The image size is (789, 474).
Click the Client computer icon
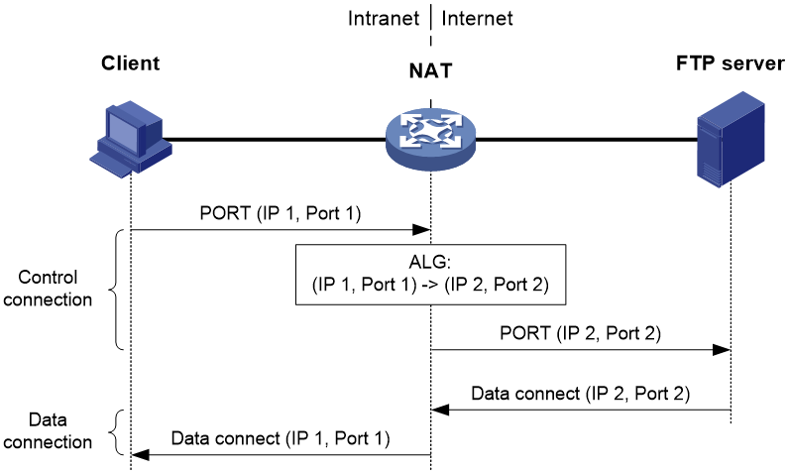tap(131, 139)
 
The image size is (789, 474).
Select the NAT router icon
tap(430, 139)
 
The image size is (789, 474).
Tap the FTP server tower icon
tap(731, 140)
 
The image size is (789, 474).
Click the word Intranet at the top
tap(384, 19)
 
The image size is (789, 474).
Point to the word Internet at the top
tap(477, 19)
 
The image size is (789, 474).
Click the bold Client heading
tap(130, 63)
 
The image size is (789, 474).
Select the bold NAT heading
tap(430, 71)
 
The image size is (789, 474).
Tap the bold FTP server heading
tap(731, 63)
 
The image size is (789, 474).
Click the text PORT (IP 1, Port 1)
tap(281, 213)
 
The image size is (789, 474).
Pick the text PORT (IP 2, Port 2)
tap(580, 332)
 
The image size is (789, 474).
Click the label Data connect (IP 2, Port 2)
tap(580, 393)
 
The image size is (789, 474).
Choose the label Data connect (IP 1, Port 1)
tap(281, 437)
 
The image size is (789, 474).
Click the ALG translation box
tap(431, 275)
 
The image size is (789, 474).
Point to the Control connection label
tap(48, 289)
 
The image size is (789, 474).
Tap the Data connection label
tap(48, 430)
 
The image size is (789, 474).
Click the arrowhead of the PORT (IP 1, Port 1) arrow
tap(421, 230)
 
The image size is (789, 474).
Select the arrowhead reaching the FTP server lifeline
tap(722, 350)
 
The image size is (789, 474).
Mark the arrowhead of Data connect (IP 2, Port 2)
tap(440, 410)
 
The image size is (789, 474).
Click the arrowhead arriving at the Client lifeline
tap(141, 455)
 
